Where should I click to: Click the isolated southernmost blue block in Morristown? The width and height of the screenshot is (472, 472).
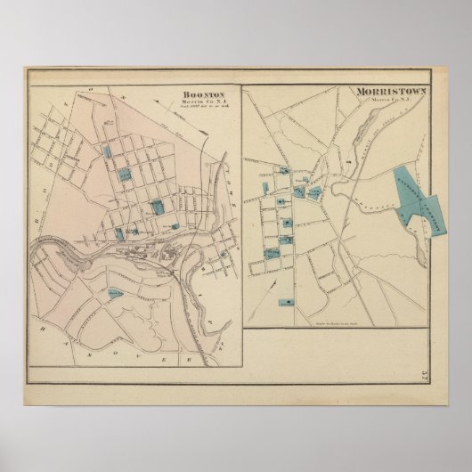pyautogui.click(x=285, y=302)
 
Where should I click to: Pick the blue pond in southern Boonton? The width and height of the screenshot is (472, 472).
pyautogui.click(x=114, y=291)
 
